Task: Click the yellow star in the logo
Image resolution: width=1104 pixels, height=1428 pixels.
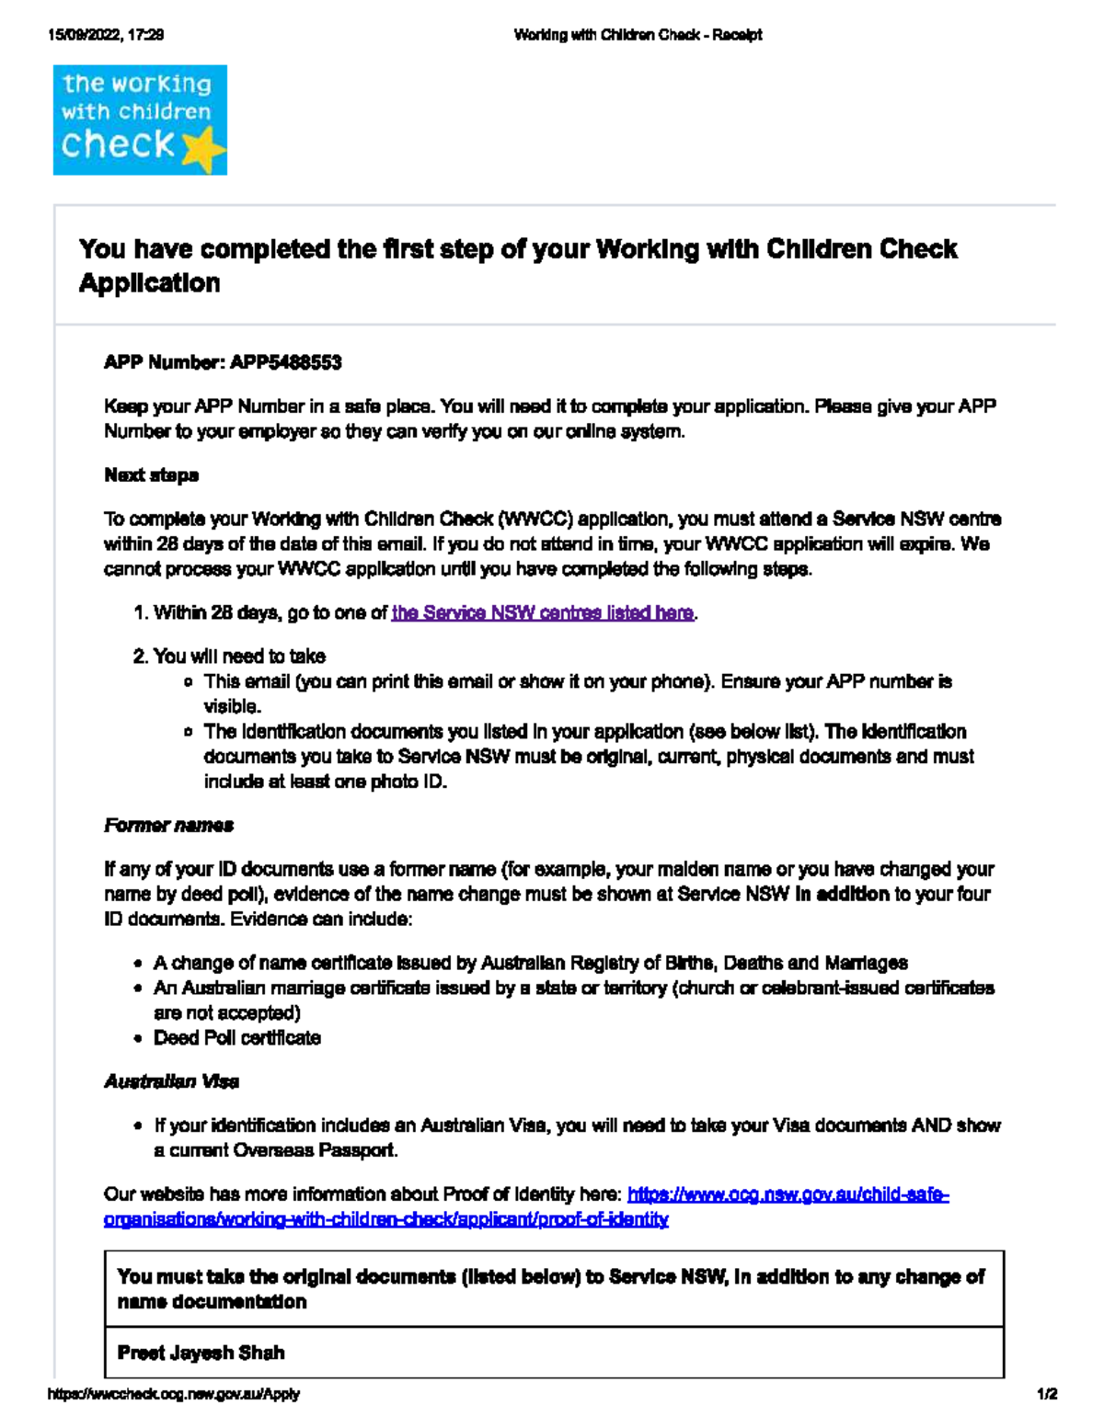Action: [204, 150]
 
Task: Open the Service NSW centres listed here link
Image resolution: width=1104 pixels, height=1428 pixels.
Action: [542, 612]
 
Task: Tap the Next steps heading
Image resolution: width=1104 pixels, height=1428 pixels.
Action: [151, 475]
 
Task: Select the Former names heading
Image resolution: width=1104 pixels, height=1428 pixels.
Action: [168, 825]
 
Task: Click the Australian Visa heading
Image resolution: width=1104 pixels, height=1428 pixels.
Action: [171, 1081]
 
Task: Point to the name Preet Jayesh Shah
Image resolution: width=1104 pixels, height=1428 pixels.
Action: [201, 1353]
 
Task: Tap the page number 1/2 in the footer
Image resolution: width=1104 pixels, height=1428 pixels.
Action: [1047, 1394]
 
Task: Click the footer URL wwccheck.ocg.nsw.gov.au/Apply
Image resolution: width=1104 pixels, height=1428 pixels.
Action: [174, 1394]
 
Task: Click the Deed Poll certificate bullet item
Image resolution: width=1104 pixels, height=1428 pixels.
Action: [236, 1037]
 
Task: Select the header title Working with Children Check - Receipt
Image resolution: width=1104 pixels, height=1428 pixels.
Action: [638, 35]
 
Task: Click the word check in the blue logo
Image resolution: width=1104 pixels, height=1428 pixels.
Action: [117, 143]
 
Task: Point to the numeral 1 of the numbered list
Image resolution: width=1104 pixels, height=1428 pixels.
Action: [139, 612]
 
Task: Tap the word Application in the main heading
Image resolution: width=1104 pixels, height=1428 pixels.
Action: [150, 282]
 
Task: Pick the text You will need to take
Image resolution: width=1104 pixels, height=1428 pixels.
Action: [239, 657]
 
